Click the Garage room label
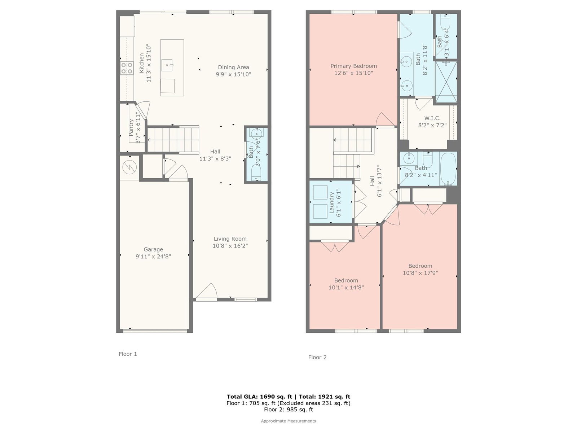(153, 249)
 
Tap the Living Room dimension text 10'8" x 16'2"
(230, 246)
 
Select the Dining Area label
(233, 67)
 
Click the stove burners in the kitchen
(127, 68)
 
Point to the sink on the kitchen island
(167, 65)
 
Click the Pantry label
(131, 128)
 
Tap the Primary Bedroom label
(353, 66)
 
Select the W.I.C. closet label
(432, 118)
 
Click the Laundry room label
(331, 203)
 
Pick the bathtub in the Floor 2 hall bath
(448, 169)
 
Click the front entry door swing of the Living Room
(207, 291)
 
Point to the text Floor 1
(128, 354)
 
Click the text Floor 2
(317, 357)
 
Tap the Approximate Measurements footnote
(288, 421)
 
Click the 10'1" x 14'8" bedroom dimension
(346, 288)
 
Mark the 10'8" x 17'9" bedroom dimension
(420, 273)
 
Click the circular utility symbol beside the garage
(129, 167)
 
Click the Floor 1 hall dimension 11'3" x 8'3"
(215, 158)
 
